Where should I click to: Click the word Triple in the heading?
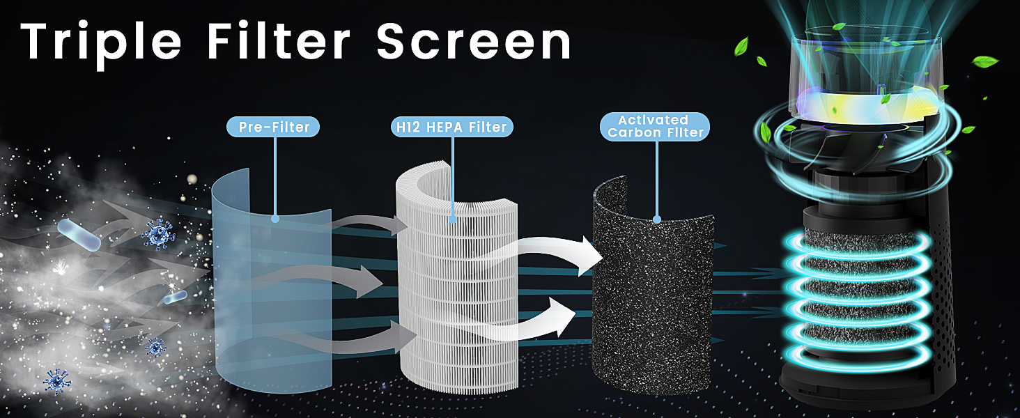click(x=98, y=41)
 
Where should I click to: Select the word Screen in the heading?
click(x=474, y=41)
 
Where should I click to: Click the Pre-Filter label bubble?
click(x=274, y=127)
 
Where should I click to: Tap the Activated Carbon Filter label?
click(x=654, y=126)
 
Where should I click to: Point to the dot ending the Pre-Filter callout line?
click(x=275, y=219)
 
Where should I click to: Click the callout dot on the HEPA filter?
click(x=454, y=219)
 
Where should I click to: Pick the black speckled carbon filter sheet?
click(x=651, y=300)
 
